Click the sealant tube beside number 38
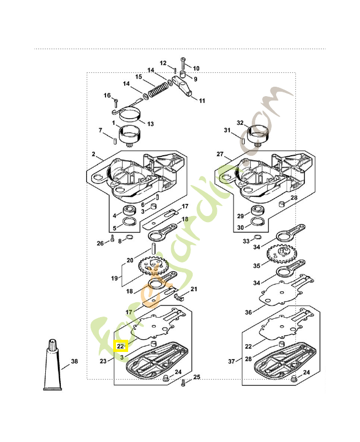(52, 365)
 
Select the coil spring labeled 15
(158, 90)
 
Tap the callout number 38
(75, 361)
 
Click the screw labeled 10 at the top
(183, 65)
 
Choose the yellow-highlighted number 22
(120, 346)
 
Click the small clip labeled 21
(178, 297)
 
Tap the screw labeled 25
(183, 382)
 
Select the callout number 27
(220, 154)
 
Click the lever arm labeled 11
(182, 87)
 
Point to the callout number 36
(248, 312)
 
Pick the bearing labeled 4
(130, 211)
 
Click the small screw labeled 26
(113, 238)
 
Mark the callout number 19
(114, 278)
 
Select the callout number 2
(93, 154)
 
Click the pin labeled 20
(154, 248)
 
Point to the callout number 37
(231, 361)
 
